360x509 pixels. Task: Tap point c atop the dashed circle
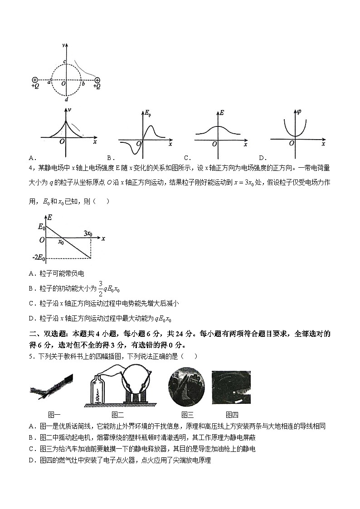tap(64, 62)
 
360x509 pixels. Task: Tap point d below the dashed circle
tap(67, 99)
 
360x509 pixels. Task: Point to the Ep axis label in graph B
tap(148, 112)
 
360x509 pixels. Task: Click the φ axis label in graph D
tap(298, 111)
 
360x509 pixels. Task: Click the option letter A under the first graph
tap(31, 158)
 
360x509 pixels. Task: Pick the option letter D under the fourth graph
tap(262, 158)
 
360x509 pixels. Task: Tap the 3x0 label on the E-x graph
tap(88, 233)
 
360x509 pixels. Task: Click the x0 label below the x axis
tap(60, 242)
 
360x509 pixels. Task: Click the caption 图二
tap(117, 414)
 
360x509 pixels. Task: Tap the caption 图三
tap(187, 414)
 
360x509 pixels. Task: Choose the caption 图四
tap(232, 414)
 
